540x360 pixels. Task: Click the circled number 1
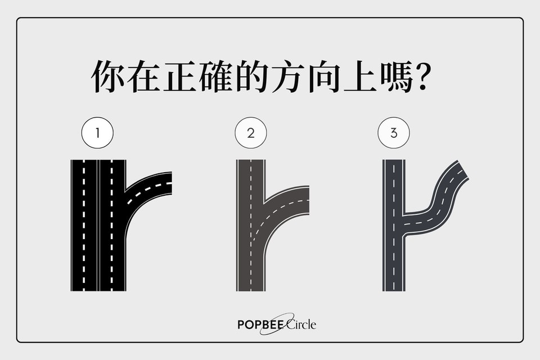click(x=97, y=133)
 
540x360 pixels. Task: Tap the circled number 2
click(x=251, y=133)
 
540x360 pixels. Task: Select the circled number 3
click(x=394, y=133)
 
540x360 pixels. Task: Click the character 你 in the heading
click(x=109, y=76)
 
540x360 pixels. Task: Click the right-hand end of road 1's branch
click(x=170, y=183)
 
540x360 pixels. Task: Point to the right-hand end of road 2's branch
click(x=307, y=200)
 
